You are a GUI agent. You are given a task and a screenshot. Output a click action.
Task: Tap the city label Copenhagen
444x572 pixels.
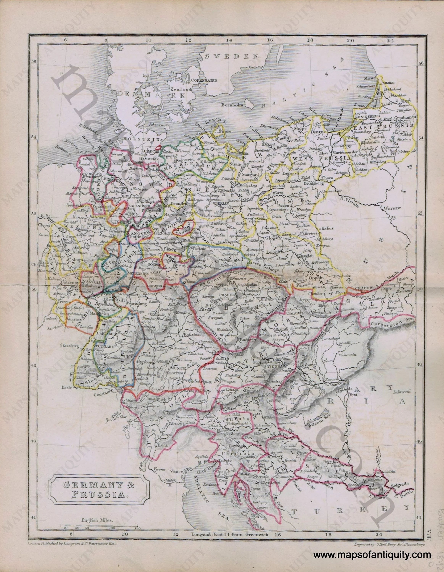coord(204,80)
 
